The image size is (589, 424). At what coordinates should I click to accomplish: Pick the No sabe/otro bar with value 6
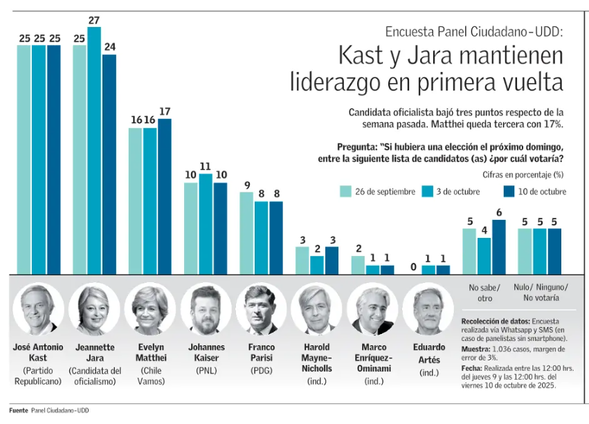pos(498,246)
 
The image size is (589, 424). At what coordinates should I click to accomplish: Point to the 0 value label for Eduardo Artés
pos(413,266)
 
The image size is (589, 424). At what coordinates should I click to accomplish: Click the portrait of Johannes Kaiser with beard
pos(206,309)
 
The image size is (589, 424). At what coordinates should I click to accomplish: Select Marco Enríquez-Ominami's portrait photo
pos(372,309)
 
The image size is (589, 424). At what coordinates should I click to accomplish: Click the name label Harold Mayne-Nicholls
pos(316,358)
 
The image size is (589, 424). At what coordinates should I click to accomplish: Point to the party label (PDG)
pos(261,369)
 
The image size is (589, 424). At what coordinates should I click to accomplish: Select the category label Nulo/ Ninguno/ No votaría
pos(541,293)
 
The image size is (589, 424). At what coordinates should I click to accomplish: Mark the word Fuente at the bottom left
pos(18,410)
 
